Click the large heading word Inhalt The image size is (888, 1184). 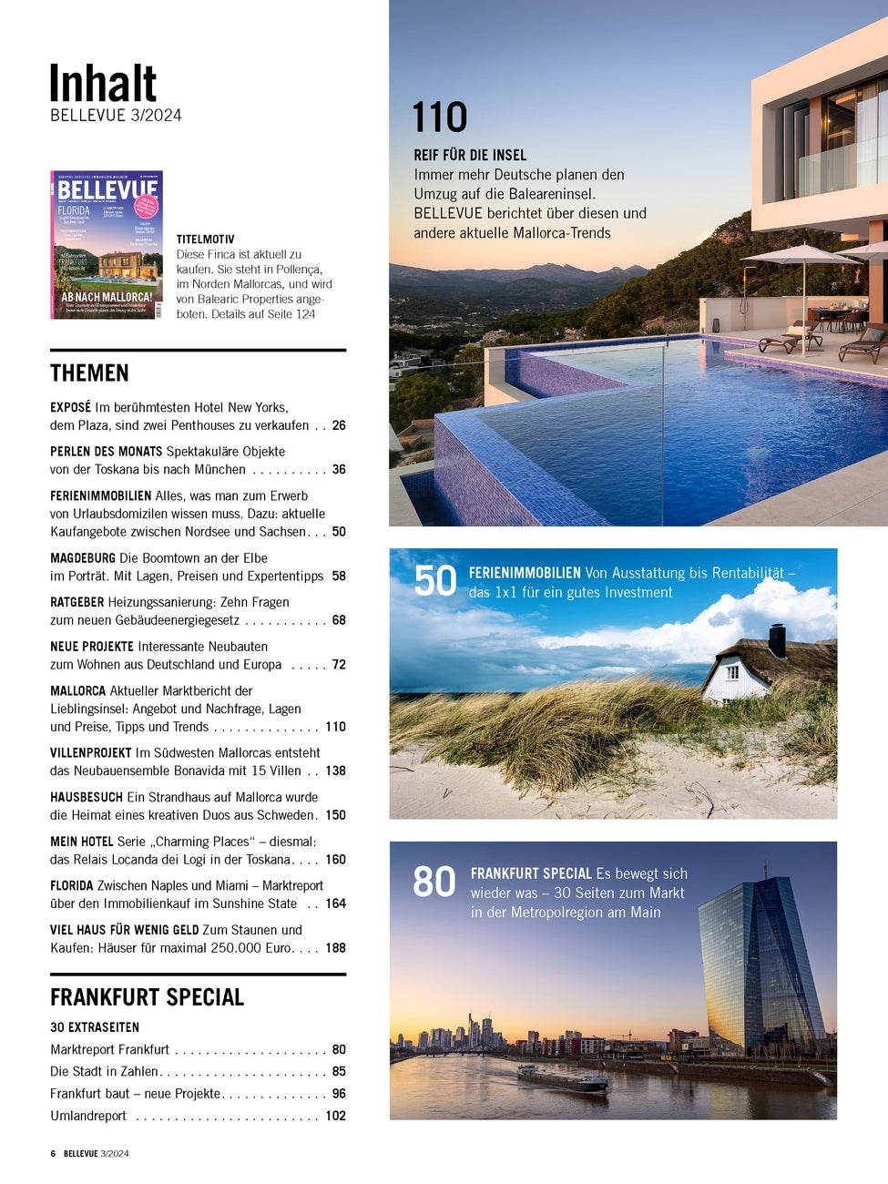(103, 85)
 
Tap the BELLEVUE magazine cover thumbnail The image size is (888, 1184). (107, 245)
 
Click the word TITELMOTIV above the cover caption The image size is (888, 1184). (206, 240)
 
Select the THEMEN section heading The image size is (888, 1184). (89, 373)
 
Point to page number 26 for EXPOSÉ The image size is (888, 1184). (339, 425)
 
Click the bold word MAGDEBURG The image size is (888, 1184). (83, 558)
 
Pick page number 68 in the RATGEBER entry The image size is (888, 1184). (339, 620)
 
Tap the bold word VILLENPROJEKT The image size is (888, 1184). (91, 753)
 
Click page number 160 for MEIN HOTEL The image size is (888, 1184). (335, 860)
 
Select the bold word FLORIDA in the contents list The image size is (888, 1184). (72, 886)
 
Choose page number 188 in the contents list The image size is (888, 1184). (335, 948)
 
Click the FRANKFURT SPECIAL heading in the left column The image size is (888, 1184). (147, 997)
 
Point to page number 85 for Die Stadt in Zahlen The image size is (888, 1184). (339, 1072)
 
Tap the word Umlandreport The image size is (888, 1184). (88, 1117)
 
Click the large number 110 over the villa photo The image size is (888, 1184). (440, 117)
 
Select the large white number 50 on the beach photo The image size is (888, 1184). (435, 581)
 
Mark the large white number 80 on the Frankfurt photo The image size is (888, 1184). (434, 882)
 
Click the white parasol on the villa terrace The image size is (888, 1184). (801, 256)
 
